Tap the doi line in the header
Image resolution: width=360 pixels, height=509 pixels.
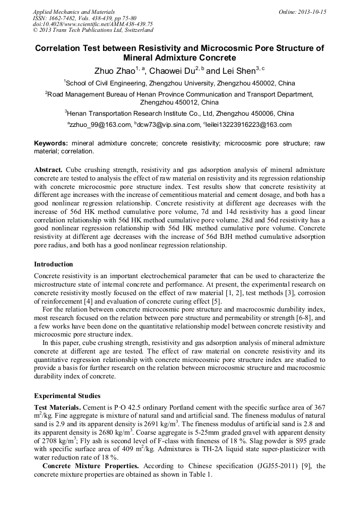[x=93, y=24]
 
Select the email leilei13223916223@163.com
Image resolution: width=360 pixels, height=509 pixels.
[x=250, y=125]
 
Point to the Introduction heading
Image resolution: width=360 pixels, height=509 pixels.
[x=54, y=264]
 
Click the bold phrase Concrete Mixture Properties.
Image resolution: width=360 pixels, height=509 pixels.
[x=87, y=465]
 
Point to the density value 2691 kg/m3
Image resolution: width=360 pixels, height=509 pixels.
[x=156, y=425]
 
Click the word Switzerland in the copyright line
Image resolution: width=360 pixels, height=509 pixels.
[x=135, y=31]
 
